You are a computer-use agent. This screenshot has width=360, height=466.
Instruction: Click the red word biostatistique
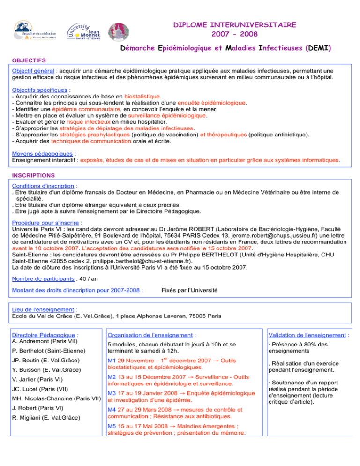(x=142, y=96)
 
